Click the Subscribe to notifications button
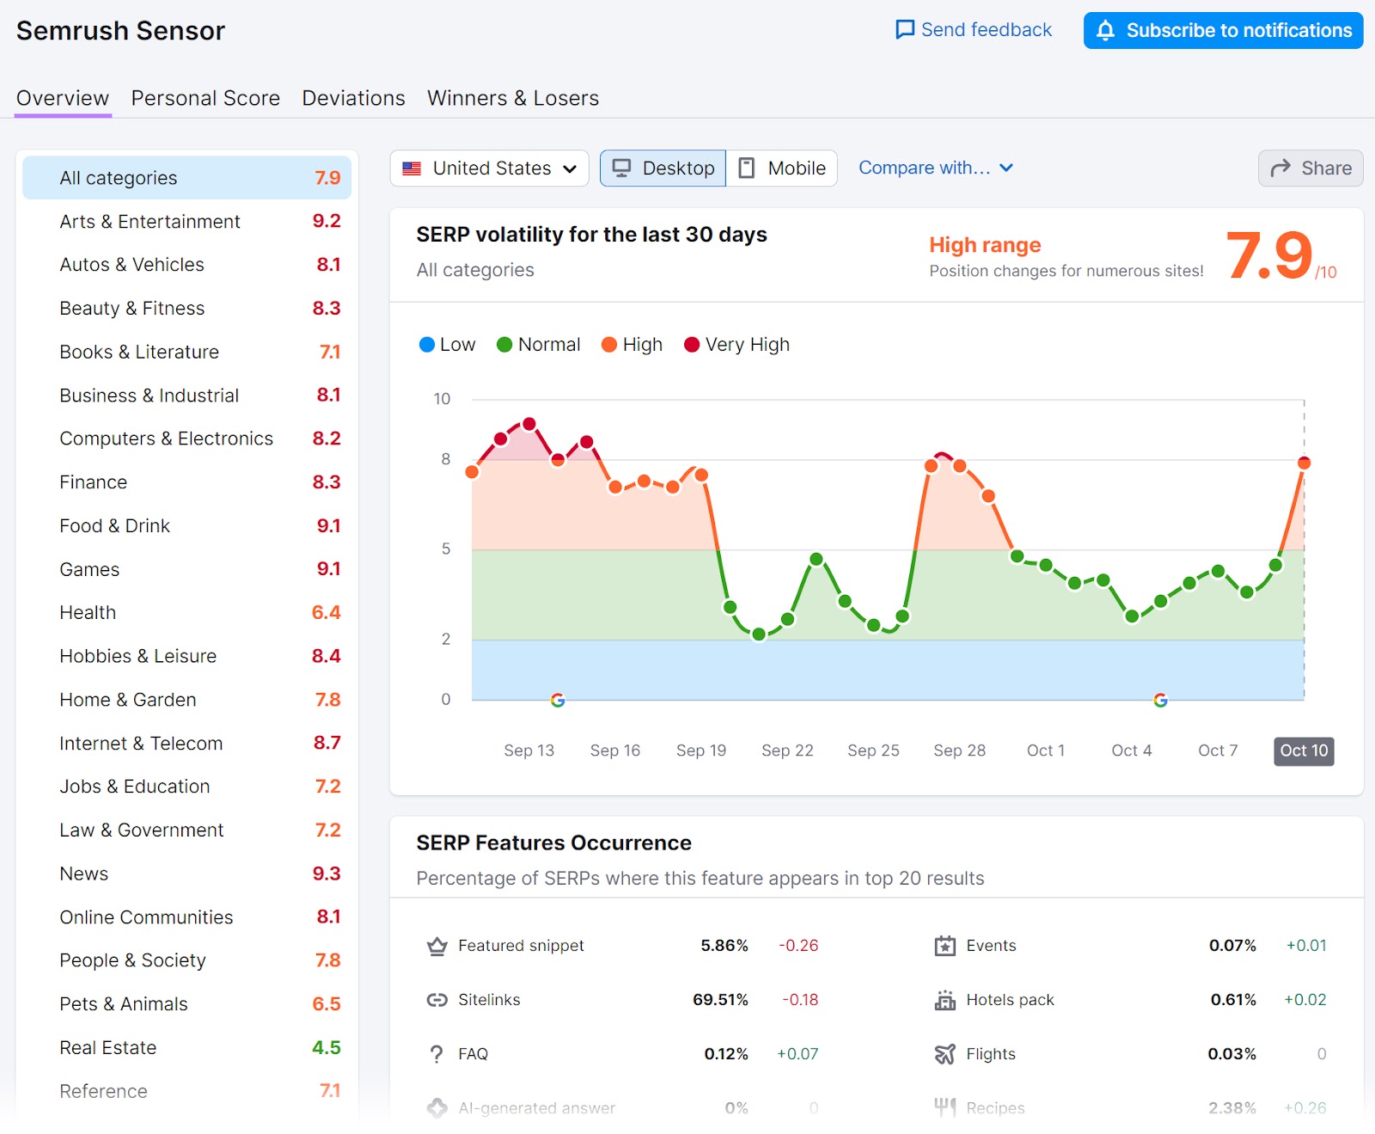coord(1222,31)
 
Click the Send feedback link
coord(974,30)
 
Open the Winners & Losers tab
coord(512,98)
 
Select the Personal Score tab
coord(205,98)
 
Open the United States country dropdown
coord(489,169)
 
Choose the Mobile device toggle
coord(782,169)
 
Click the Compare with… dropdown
coord(935,169)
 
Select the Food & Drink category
coord(115,525)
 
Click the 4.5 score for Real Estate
coord(326,1047)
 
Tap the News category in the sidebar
coord(84,873)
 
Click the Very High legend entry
coord(736,345)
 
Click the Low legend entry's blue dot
coord(426,345)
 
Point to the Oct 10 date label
coord(1303,751)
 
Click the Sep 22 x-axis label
coord(786,751)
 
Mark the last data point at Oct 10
coord(1304,463)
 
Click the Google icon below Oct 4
coord(1160,700)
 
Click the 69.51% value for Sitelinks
coord(720,1000)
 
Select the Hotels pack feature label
coord(1009,1000)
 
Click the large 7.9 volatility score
coord(1268,256)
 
